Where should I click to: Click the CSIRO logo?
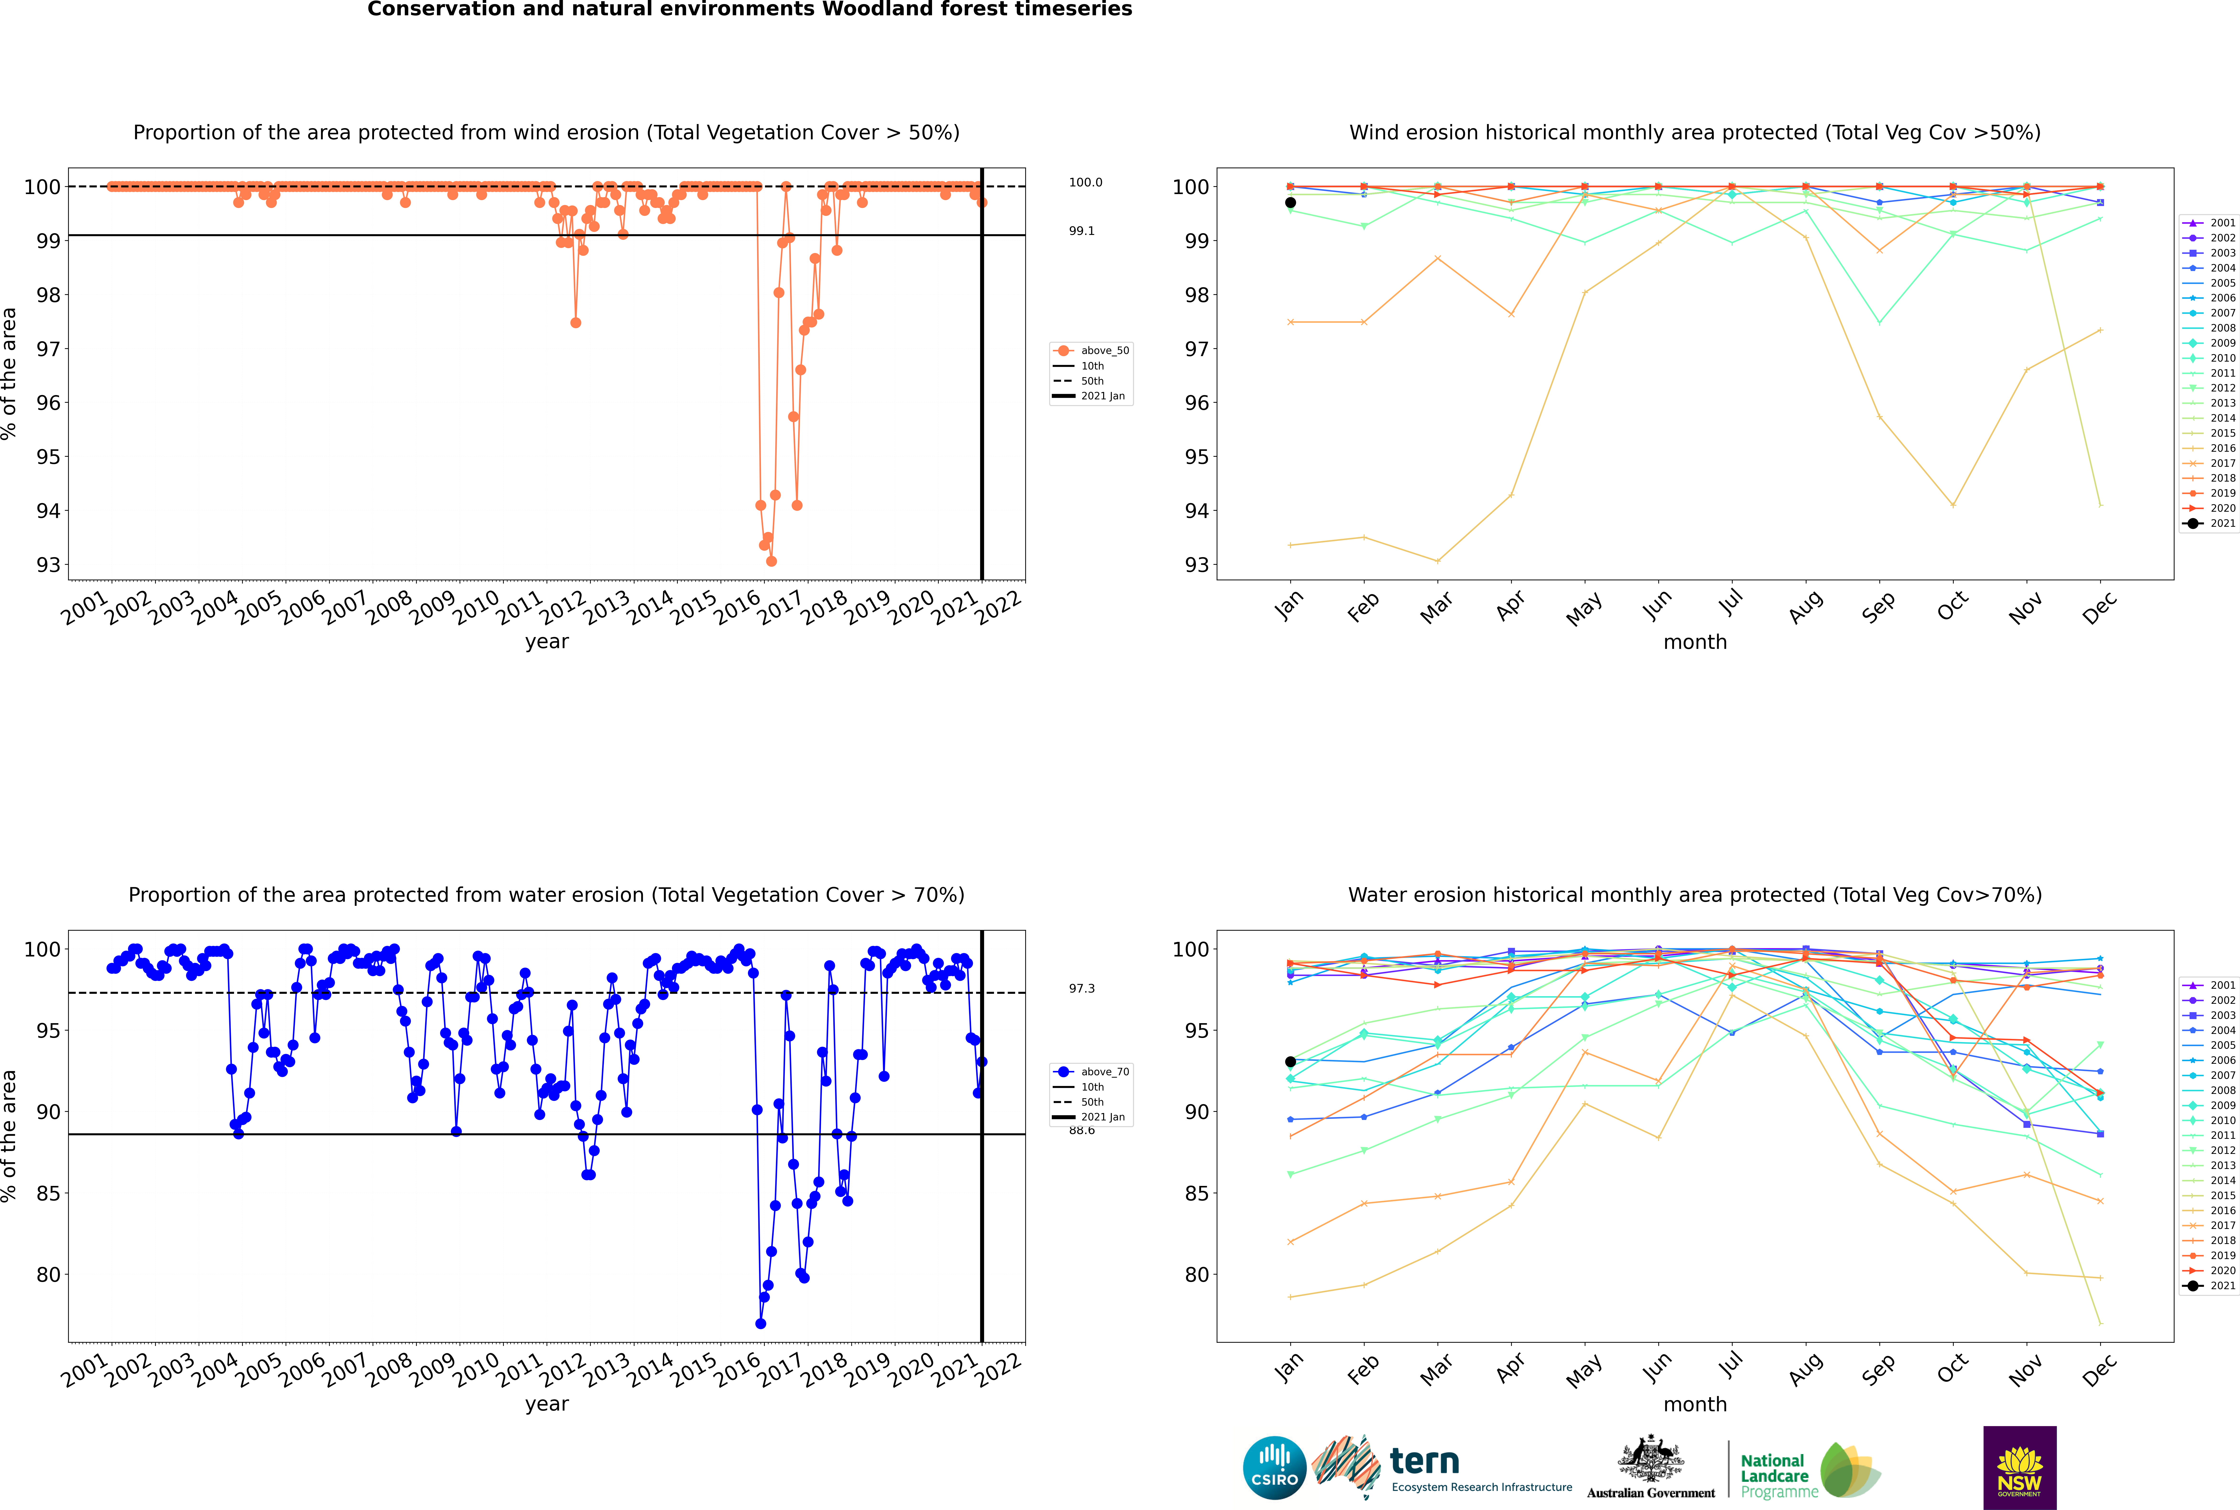click(x=1274, y=1469)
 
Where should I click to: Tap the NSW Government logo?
click(x=2019, y=1467)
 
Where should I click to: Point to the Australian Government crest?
click(x=1651, y=1460)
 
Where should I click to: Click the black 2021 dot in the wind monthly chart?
click(x=1291, y=202)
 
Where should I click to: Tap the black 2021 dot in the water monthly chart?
click(x=1291, y=1061)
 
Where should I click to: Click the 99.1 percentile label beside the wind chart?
click(x=1081, y=231)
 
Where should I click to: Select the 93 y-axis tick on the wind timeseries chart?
click(x=48, y=565)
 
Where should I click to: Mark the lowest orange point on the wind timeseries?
click(x=771, y=560)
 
